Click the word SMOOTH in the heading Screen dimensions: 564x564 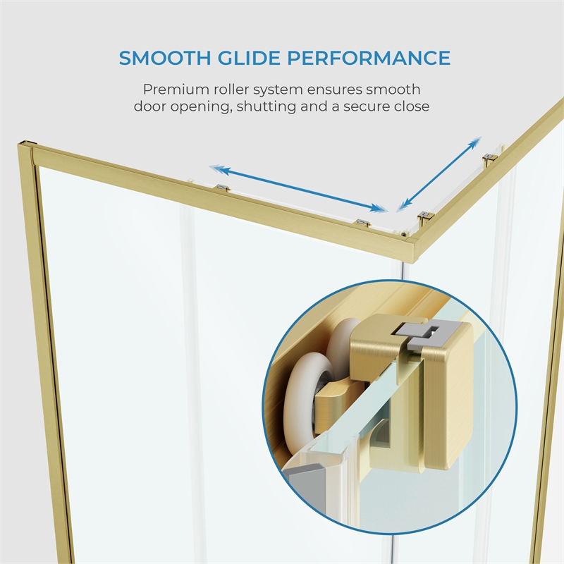(x=165, y=58)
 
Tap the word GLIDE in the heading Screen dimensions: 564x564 (x=249, y=58)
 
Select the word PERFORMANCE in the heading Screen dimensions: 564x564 (x=369, y=58)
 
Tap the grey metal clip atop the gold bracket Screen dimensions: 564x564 (x=427, y=334)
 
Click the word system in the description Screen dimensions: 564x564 (x=278, y=90)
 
